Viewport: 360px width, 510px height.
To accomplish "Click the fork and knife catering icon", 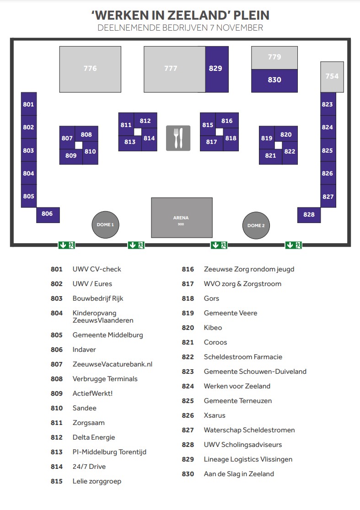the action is click(x=178, y=138).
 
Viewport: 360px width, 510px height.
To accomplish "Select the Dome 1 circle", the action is click(x=105, y=225).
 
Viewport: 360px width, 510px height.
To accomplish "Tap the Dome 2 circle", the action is click(x=256, y=225).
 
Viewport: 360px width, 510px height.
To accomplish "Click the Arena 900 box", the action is click(x=182, y=218).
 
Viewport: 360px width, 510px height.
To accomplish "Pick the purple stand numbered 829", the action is click(x=217, y=69).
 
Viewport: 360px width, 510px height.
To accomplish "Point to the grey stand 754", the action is click(x=332, y=77).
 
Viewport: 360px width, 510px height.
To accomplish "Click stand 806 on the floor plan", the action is click(x=48, y=215).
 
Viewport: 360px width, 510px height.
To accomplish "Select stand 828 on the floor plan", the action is click(x=309, y=215).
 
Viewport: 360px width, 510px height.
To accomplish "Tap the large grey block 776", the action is click(x=90, y=69).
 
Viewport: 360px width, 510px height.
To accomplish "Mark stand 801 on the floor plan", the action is click(x=29, y=104).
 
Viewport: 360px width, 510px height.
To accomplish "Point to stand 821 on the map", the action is click(x=270, y=156).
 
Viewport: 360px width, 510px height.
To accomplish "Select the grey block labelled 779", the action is click(x=274, y=58).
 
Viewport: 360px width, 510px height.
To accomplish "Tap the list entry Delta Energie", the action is click(x=94, y=437).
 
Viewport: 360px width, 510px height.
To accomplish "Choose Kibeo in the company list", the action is click(x=213, y=328).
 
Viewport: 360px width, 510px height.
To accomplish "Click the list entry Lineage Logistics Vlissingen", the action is click(x=248, y=460).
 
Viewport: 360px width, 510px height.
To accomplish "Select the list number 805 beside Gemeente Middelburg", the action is click(x=57, y=335).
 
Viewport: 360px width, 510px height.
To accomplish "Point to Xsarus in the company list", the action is click(x=215, y=415).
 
